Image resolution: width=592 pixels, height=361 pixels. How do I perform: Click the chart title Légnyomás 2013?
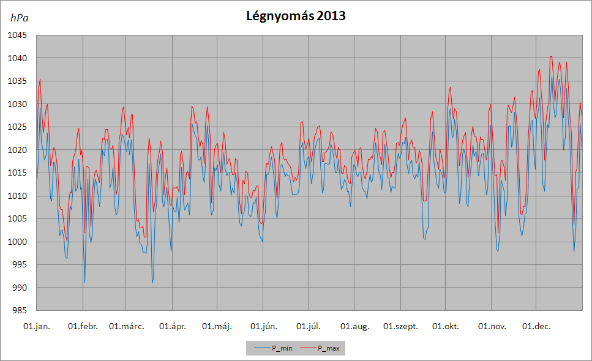click(296, 16)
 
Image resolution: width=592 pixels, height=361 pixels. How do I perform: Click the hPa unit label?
click(19, 18)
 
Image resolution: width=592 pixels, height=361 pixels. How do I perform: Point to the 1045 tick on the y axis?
click(17, 35)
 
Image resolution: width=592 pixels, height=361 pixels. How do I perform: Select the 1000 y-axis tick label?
click(17, 242)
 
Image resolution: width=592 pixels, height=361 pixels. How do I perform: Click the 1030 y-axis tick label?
click(17, 104)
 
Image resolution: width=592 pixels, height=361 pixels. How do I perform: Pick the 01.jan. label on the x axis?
click(37, 326)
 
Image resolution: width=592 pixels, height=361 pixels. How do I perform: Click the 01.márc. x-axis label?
click(127, 326)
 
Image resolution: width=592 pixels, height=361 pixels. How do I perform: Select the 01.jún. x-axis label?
click(263, 326)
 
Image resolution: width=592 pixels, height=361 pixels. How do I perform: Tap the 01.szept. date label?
click(400, 327)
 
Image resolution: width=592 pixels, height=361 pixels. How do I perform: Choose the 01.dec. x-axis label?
click(536, 326)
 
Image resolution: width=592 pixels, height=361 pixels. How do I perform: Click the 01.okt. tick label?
click(446, 326)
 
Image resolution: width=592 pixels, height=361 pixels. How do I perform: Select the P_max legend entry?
click(320, 348)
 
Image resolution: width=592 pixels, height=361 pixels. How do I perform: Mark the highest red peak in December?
click(551, 56)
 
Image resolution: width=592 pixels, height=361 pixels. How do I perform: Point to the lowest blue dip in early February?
click(84, 282)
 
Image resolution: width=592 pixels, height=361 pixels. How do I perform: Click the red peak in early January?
click(40, 80)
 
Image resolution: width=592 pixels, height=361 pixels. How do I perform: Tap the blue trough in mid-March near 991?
click(152, 283)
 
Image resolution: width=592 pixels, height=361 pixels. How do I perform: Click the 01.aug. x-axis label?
click(355, 326)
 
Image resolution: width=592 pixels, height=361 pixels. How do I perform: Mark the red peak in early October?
click(450, 87)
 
